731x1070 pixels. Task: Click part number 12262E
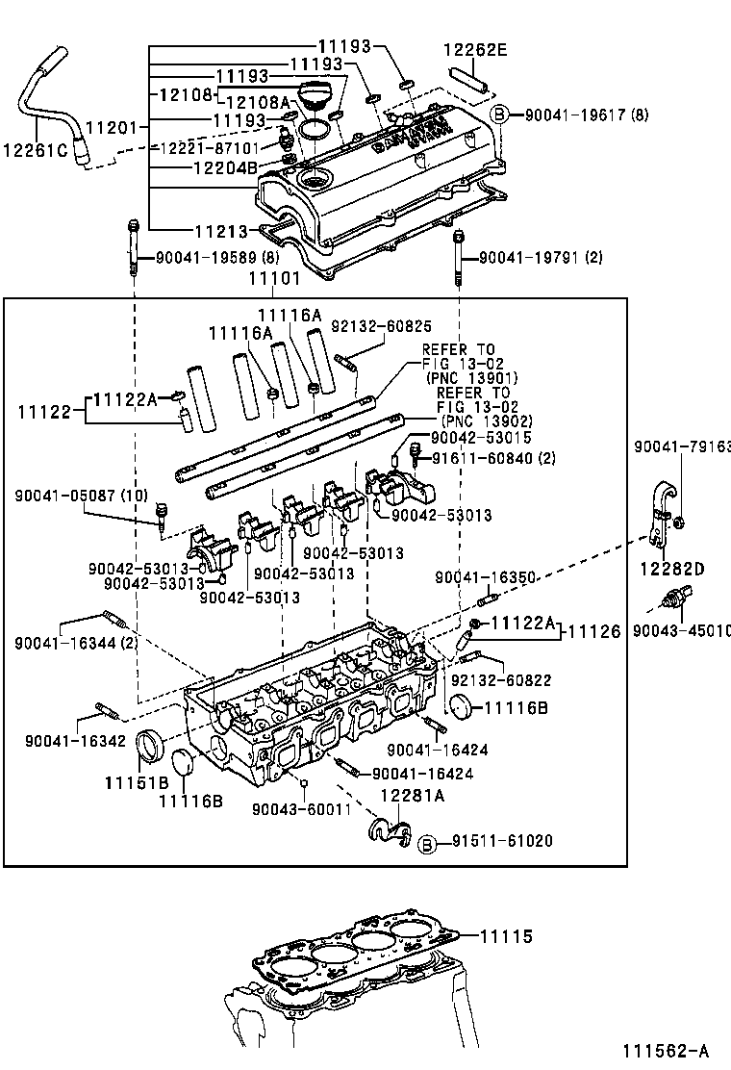474,49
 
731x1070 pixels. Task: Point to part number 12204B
224,166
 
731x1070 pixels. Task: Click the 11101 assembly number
274,279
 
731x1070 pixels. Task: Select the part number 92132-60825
382,326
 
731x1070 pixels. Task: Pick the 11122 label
45,411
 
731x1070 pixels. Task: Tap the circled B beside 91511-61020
428,842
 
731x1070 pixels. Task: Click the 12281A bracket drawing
388,830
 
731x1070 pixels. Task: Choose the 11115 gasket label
506,935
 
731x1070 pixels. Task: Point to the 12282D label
671,569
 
